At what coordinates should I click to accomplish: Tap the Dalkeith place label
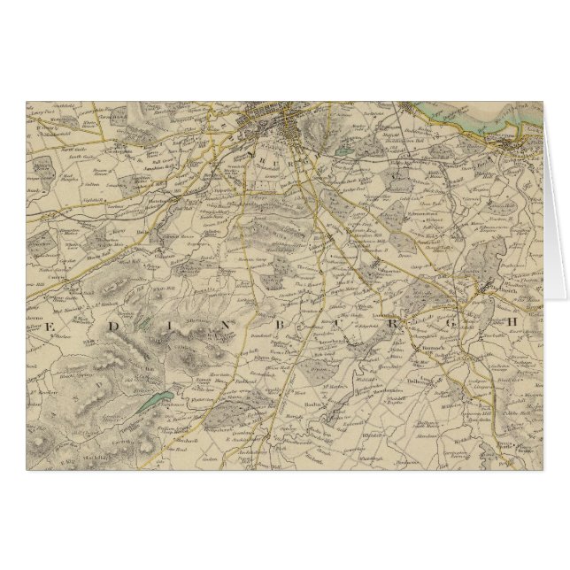[481, 289]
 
